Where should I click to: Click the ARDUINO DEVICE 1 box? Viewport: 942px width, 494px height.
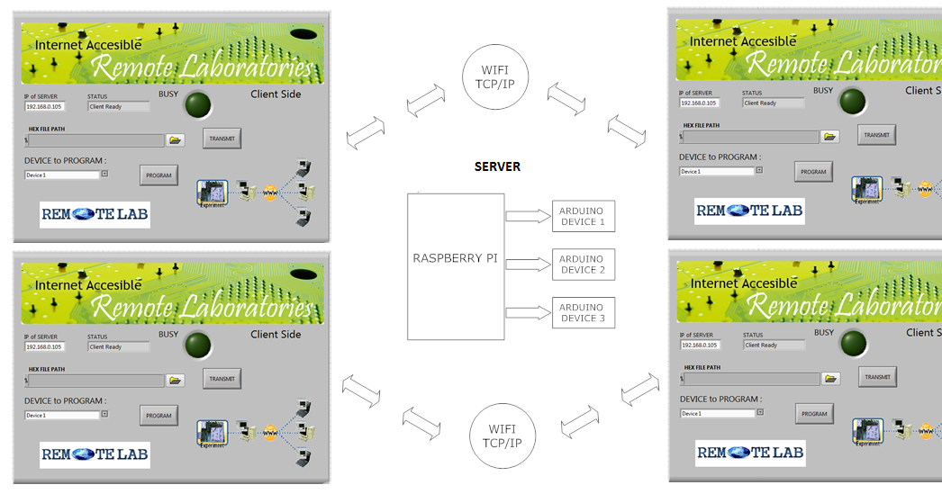click(584, 216)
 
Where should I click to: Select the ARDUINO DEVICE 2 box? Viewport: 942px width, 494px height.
click(584, 265)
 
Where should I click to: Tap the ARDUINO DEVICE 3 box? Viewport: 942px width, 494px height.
click(584, 313)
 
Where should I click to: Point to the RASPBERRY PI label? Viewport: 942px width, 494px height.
click(455, 258)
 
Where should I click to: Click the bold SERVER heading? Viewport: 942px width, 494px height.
click(497, 167)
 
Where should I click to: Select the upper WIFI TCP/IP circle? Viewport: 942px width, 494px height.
click(494, 77)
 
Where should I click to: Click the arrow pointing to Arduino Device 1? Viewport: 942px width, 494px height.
click(528, 216)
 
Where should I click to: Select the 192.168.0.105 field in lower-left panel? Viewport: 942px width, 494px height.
click(45, 346)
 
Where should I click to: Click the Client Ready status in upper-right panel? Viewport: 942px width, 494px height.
click(773, 103)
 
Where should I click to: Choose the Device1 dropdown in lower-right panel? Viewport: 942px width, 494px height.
click(717, 413)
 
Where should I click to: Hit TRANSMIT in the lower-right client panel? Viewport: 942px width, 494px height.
click(876, 377)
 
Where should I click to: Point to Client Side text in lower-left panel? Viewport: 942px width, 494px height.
click(276, 335)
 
